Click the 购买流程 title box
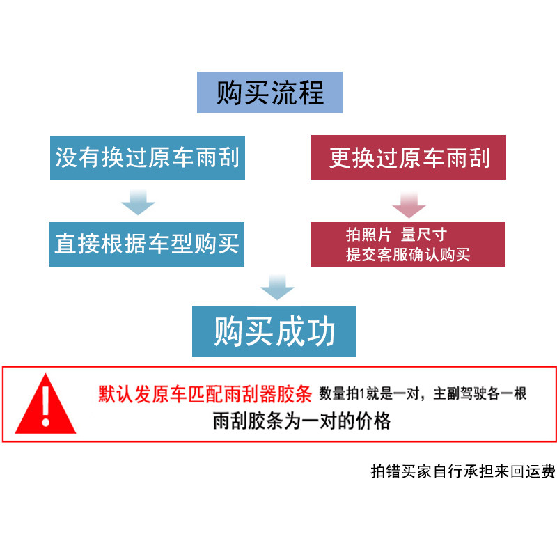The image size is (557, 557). (269, 93)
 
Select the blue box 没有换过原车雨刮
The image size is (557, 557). (147, 157)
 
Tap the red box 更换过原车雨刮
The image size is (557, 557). (409, 158)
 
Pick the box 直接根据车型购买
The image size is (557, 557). (147, 244)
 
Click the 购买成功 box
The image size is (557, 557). (274, 331)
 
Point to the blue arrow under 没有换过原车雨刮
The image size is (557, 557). (138, 203)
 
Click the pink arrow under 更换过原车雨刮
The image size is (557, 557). (409, 203)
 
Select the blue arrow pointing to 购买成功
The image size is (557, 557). (277, 287)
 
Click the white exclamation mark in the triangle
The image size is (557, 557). (46, 405)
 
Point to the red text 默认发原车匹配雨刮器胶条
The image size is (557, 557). (204, 395)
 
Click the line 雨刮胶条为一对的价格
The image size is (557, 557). (301, 421)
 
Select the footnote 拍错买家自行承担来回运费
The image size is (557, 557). (462, 471)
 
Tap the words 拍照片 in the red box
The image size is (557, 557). (369, 235)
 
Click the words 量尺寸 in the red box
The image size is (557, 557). (424, 235)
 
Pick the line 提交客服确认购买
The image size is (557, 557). (408, 254)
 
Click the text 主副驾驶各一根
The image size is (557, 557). (480, 394)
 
